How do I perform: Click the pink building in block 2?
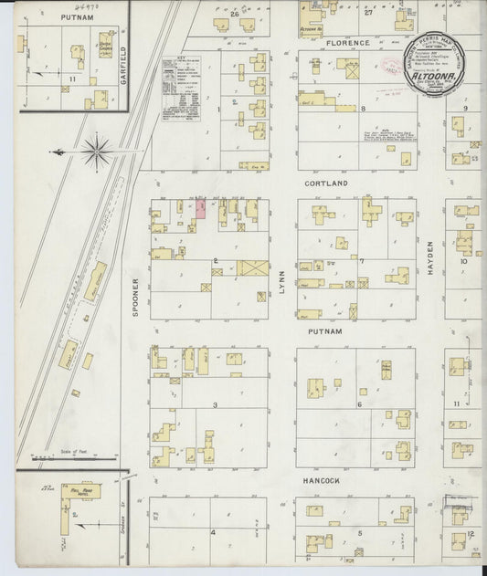200,210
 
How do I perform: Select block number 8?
363,109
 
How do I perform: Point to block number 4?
214,531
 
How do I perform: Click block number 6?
360,404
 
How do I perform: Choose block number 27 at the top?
369,14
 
